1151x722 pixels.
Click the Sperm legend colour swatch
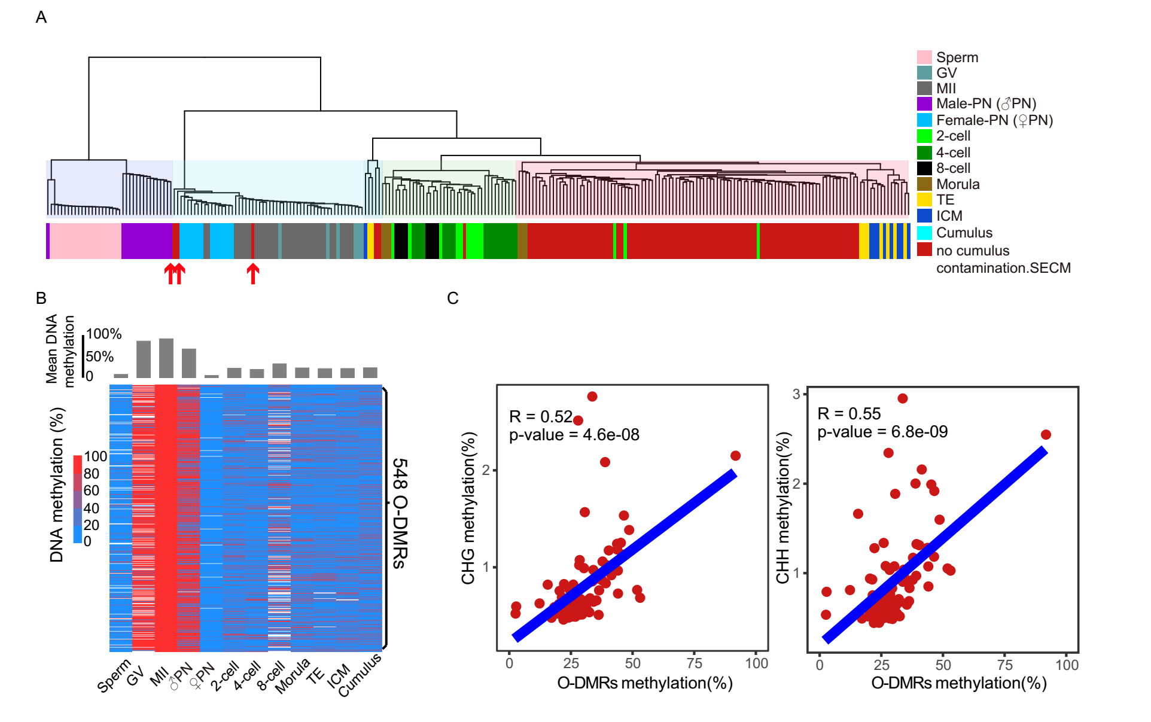coord(924,57)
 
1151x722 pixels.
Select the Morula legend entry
coord(957,184)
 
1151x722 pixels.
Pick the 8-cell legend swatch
coord(924,169)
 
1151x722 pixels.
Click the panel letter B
coord(41,298)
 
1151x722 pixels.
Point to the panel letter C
coord(452,298)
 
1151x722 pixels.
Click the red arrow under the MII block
coord(253,273)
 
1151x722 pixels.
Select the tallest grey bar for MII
coord(166,358)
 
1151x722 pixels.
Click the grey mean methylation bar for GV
coord(144,359)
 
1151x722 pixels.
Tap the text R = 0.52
coord(540,416)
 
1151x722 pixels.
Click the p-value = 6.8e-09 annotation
coord(882,432)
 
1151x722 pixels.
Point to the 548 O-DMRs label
coord(400,513)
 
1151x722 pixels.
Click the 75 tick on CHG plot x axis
coord(694,663)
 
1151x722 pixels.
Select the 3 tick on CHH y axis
coord(796,394)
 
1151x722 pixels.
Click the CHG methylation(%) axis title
coord(468,508)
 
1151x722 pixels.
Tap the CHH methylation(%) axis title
coord(782,508)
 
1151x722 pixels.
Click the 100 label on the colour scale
coord(95,456)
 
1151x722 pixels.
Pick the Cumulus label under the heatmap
coord(360,675)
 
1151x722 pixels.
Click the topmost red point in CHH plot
coord(903,398)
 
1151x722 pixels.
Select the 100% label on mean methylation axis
coord(103,334)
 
